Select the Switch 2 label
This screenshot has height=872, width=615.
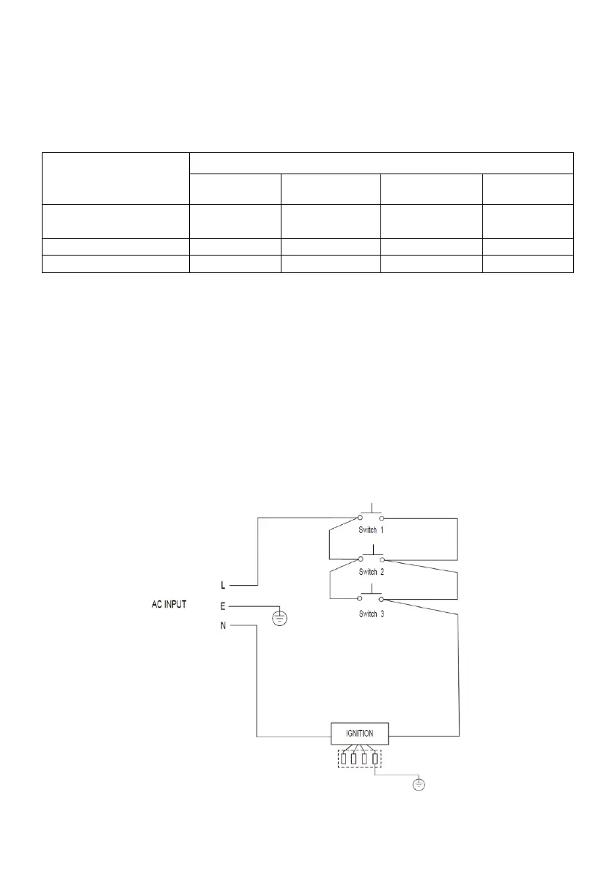(371, 571)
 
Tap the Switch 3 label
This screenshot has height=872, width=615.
(371, 614)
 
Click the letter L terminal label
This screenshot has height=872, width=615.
(223, 586)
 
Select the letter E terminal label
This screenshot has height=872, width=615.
(223, 606)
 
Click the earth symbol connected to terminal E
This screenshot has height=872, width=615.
(279, 619)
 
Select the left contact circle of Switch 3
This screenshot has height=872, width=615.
(360, 598)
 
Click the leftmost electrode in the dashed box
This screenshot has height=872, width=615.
(344, 759)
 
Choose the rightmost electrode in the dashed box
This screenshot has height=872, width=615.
(375, 759)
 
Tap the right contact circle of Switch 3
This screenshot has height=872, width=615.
(381, 598)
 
